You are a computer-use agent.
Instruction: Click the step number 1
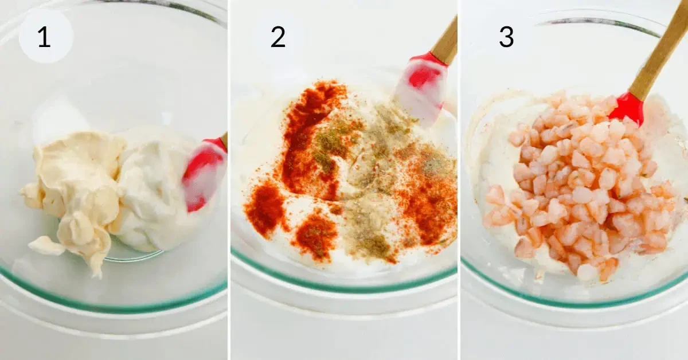point(44,37)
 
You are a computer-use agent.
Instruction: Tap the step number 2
point(278,37)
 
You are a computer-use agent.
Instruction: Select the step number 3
point(506,37)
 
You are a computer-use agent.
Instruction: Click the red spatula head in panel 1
point(204,174)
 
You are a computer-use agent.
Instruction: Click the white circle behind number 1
point(46,36)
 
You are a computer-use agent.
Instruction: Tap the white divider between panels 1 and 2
point(229,180)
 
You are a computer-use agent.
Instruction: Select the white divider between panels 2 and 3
point(459,180)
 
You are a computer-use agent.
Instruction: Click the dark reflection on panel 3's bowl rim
point(599,23)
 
